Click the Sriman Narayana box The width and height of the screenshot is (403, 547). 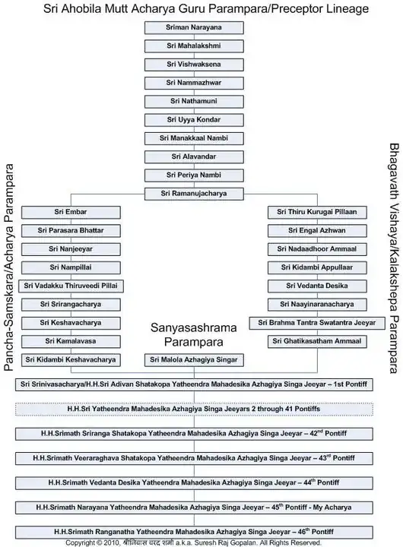tap(194, 27)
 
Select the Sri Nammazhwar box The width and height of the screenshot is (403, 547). tap(194, 83)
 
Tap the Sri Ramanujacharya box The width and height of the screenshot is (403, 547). tap(194, 194)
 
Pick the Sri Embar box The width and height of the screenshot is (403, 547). tap(71, 212)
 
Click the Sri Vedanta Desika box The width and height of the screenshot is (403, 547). tap(317, 286)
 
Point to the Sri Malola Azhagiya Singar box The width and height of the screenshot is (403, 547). tap(194, 360)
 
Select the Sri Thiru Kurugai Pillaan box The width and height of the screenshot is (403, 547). tap(317, 212)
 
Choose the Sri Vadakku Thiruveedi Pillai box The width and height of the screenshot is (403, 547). tap(71, 286)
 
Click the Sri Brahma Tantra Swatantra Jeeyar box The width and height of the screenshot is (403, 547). tap(317, 323)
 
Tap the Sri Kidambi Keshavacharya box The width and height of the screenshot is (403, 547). tap(71, 360)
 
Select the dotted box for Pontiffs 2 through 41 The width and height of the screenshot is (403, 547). tap(194, 409)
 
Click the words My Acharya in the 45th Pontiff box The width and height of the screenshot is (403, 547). tap(332, 507)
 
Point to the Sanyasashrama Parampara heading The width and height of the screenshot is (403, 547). tap(194, 334)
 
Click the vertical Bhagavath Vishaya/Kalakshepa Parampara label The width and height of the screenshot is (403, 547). tap(395, 258)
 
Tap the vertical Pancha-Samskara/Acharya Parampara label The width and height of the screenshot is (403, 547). tap(8, 267)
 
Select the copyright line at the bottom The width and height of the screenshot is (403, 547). tap(193, 542)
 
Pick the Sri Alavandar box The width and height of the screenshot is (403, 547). tap(194, 157)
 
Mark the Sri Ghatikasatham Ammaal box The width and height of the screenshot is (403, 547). tap(317, 342)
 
